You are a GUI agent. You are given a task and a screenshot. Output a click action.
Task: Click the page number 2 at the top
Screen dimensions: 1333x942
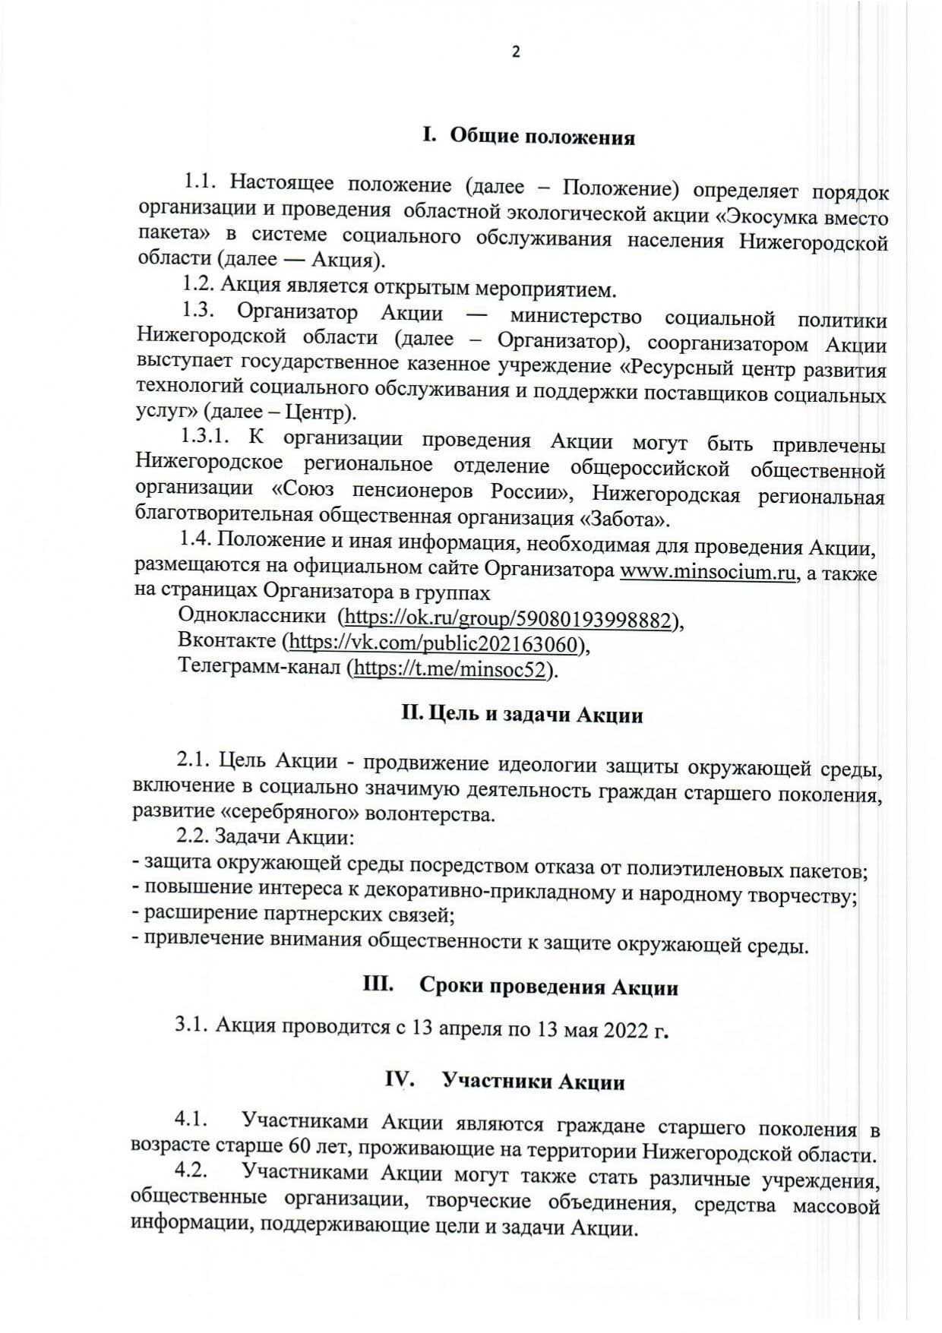coord(516,52)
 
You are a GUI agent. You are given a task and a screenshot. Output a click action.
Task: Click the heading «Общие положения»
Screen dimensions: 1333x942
coord(542,137)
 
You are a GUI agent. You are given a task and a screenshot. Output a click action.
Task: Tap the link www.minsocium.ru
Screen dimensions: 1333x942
coord(708,573)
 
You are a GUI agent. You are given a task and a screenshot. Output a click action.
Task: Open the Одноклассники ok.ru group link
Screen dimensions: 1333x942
coord(507,621)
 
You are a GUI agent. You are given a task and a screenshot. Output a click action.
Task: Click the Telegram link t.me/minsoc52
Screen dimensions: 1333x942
coord(452,669)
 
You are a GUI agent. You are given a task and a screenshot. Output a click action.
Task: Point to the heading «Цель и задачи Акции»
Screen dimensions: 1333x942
coord(522,715)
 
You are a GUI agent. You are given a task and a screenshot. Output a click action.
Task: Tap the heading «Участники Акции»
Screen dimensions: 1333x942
coord(533,1081)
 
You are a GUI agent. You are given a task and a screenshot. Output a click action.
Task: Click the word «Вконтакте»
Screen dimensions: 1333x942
coord(226,641)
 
